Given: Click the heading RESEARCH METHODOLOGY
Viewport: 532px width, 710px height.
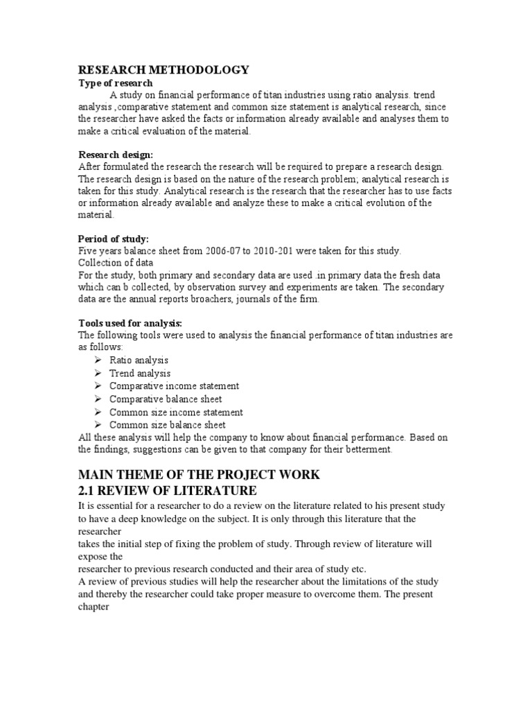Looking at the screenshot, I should coord(162,70).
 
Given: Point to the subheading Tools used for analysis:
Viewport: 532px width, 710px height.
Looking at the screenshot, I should coord(130,322).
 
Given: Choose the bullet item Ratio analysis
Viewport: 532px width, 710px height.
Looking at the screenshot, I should coord(139,361).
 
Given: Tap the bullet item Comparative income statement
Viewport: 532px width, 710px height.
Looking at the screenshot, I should coord(174,386).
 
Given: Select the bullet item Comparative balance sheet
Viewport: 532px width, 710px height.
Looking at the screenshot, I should coord(166,399).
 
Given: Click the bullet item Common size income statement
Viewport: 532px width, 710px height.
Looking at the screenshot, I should coord(176,412).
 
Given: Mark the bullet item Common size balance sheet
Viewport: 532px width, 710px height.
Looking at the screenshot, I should coord(168,424).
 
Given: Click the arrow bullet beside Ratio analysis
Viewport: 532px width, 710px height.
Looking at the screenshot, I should coord(98,361).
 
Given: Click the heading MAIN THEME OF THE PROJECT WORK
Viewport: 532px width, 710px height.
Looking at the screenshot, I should coord(199,474).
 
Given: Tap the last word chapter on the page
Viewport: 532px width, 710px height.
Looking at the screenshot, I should coord(94,606).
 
